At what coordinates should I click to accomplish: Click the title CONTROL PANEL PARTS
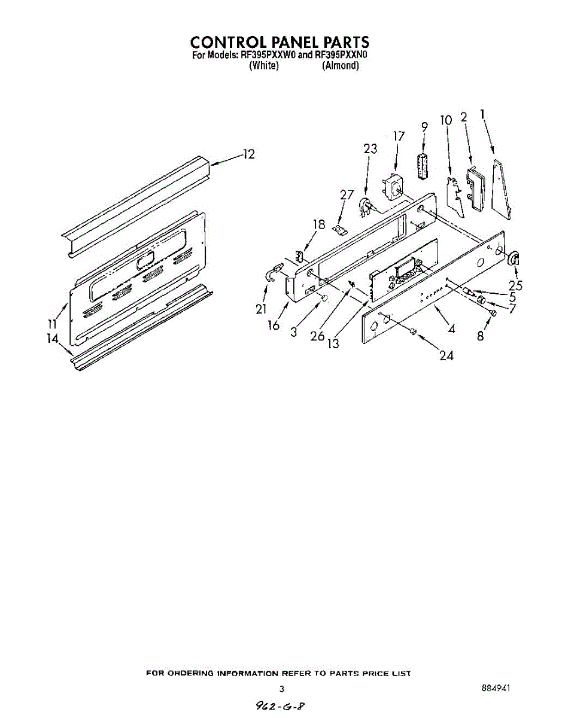click(x=280, y=42)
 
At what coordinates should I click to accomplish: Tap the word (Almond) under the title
click(x=340, y=66)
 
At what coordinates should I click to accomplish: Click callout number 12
click(x=248, y=154)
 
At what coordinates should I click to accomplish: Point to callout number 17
click(x=398, y=136)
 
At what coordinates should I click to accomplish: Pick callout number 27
click(x=347, y=194)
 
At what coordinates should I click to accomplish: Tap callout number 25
click(x=515, y=286)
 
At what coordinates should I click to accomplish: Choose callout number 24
click(x=446, y=355)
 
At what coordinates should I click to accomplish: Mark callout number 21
click(x=260, y=309)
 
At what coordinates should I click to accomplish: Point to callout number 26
click(x=317, y=336)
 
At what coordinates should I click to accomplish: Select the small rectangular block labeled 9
click(x=423, y=165)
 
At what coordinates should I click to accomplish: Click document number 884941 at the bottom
click(x=496, y=689)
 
